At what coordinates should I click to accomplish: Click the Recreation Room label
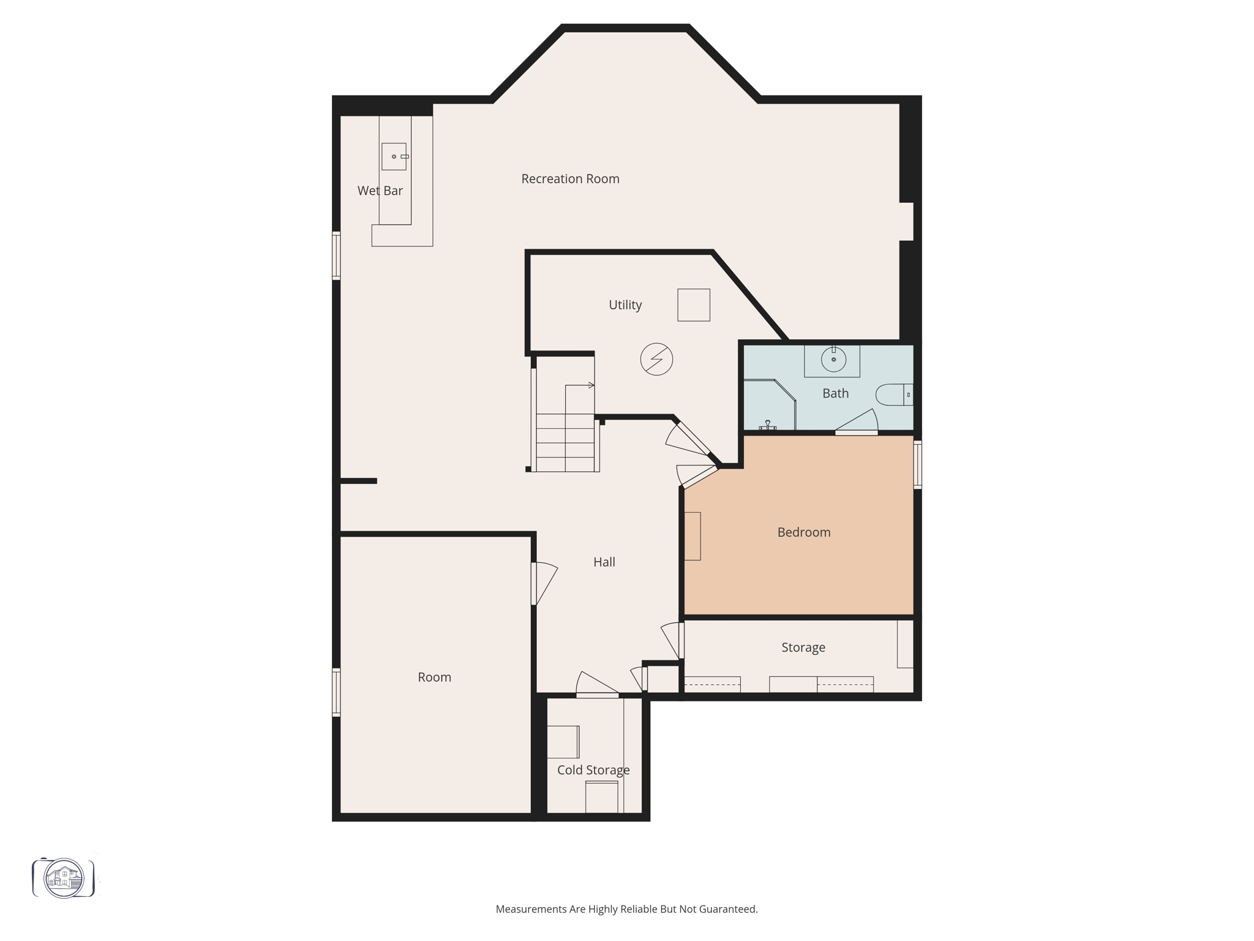(x=570, y=179)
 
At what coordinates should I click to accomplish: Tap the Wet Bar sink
(x=394, y=156)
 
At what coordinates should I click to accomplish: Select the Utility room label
(x=625, y=305)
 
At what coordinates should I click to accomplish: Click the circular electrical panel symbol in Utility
(x=656, y=359)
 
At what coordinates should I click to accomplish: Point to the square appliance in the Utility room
(x=694, y=305)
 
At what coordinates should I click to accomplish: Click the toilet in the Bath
(x=894, y=395)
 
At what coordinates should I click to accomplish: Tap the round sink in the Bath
(x=833, y=360)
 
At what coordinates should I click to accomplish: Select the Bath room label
(x=835, y=393)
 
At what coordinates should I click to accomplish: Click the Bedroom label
(x=804, y=532)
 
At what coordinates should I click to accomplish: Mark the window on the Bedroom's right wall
(x=917, y=464)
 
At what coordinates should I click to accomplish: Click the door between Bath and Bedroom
(x=857, y=424)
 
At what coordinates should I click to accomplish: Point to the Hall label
(x=604, y=562)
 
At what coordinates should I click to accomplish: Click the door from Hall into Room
(x=543, y=583)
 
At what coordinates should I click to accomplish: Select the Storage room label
(x=803, y=648)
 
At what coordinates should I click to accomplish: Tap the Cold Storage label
(x=593, y=770)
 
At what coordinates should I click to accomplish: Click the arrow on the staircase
(x=591, y=385)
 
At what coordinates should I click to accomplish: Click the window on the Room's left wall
(x=336, y=692)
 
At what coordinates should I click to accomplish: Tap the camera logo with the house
(x=64, y=878)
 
